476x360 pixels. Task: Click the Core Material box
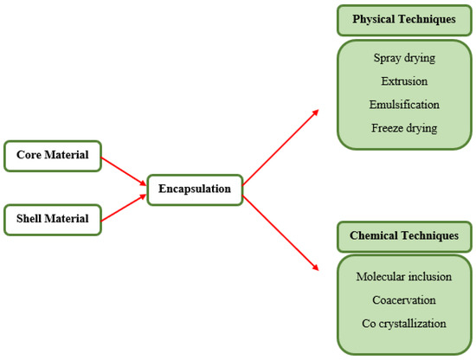(x=53, y=156)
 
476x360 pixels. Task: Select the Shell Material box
(x=53, y=219)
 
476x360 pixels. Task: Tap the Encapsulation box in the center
(x=194, y=189)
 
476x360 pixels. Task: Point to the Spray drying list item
(x=404, y=59)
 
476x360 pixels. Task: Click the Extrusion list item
(x=404, y=81)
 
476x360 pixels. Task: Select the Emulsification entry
(x=404, y=105)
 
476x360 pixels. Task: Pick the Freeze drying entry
(x=404, y=128)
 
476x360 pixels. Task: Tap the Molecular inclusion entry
(x=404, y=277)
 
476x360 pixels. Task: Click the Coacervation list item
(x=404, y=300)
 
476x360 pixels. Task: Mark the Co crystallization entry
(x=404, y=324)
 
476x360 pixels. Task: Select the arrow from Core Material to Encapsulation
(x=124, y=171)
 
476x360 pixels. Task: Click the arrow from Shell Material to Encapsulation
(x=124, y=207)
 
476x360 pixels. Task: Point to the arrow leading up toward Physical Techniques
(x=280, y=147)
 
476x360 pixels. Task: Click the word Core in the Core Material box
(x=31, y=156)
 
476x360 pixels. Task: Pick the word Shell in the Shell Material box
(x=32, y=219)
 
